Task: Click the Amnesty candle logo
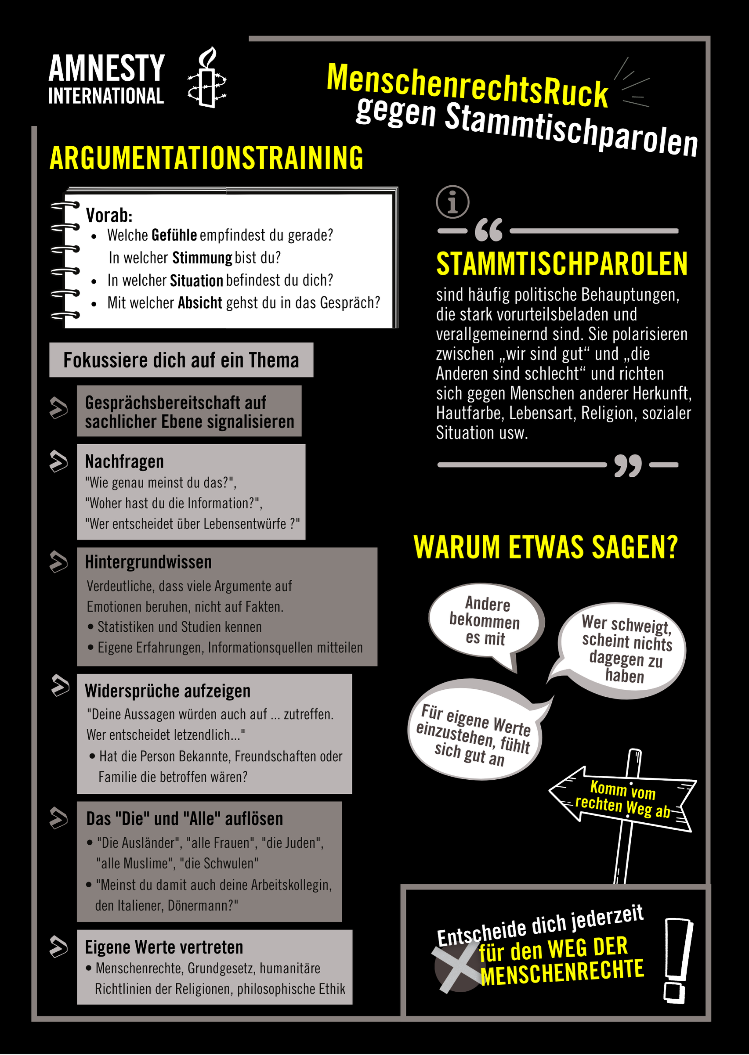click(207, 77)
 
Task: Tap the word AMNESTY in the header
click(107, 68)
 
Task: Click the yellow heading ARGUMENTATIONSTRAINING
click(206, 158)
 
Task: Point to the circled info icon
click(452, 202)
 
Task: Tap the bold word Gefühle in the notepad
click(174, 235)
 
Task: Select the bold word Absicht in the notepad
click(200, 303)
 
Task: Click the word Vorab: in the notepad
click(109, 215)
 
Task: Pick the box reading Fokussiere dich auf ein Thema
click(181, 360)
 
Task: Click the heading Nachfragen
click(124, 461)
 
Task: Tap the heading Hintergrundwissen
click(148, 562)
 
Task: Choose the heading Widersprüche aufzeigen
click(168, 691)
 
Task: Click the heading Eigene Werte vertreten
click(164, 947)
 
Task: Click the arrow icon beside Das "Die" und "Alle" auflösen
click(59, 818)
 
